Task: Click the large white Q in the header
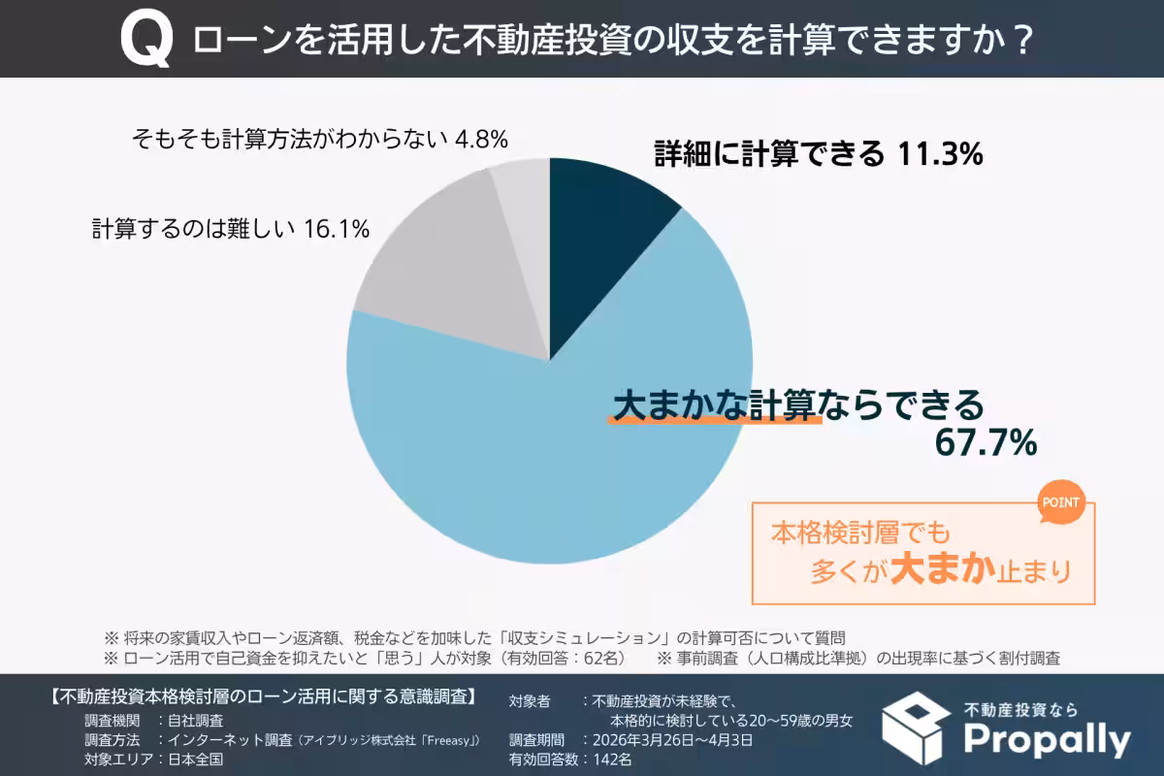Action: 147,40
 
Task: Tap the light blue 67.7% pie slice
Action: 543,456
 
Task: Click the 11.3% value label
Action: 938,153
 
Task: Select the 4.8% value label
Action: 481,139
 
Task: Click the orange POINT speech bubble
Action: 1061,504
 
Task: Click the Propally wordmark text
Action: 1047,740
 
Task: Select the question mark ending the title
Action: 1019,41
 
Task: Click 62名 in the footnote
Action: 598,658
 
